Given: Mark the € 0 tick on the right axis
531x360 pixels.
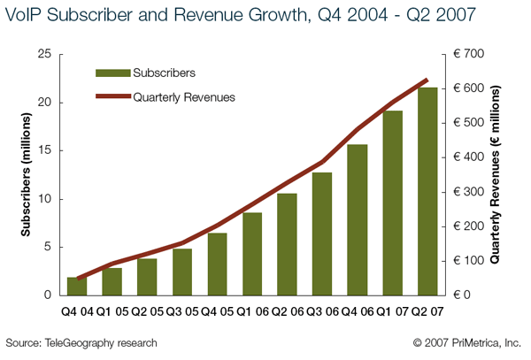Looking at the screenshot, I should (466, 295).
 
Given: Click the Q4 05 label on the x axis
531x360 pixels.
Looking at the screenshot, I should (218, 311).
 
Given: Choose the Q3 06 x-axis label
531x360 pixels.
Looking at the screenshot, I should (323, 311).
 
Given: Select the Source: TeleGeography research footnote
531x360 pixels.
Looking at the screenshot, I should (81, 342).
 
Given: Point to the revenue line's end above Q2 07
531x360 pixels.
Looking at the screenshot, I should (428, 80).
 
